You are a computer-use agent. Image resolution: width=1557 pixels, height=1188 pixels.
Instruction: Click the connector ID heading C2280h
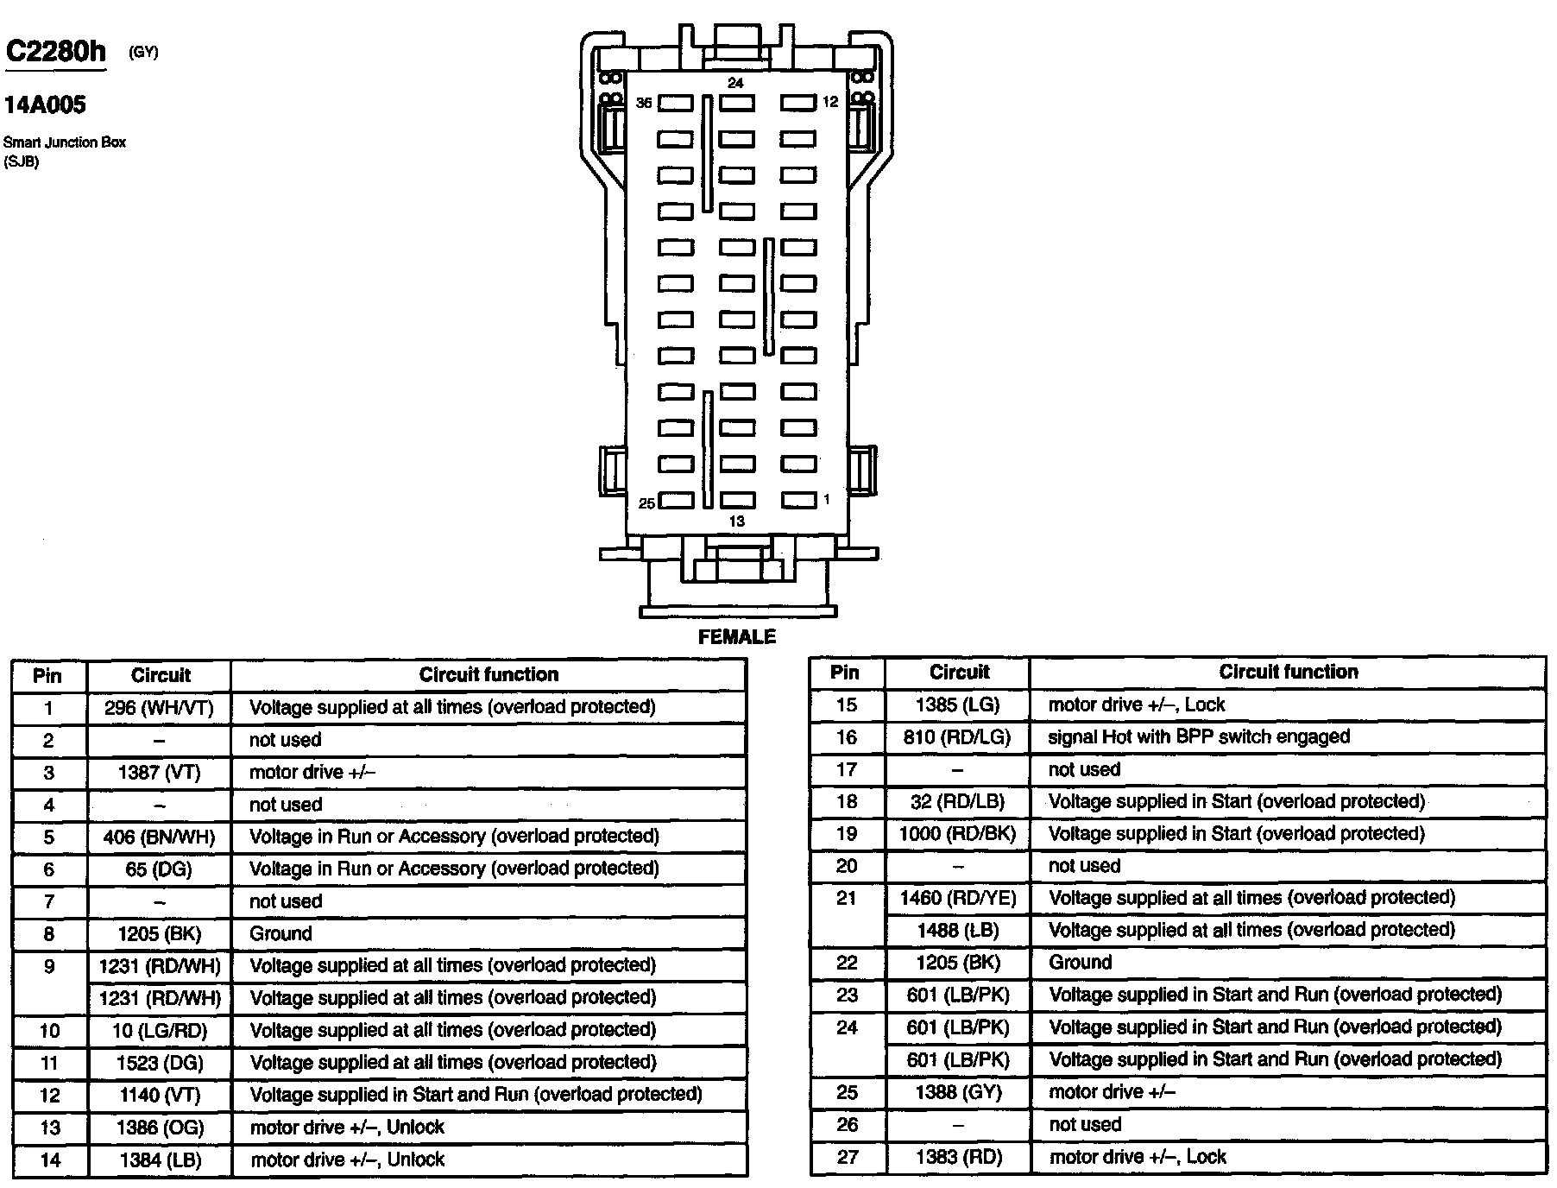coord(56,52)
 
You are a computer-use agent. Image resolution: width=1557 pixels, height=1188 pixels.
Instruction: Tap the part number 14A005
coord(45,105)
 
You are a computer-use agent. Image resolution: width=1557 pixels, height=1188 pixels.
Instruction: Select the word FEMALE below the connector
coord(736,637)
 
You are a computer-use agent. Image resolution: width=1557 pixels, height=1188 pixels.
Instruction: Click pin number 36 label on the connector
coord(644,103)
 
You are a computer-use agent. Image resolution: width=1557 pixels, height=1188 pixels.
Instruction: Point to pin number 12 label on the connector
coord(829,102)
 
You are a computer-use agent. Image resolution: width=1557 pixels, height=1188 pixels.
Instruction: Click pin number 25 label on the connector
coord(646,503)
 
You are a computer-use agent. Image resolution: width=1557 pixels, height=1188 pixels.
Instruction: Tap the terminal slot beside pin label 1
coord(798,500)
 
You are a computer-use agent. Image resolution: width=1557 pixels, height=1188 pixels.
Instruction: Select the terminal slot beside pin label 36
coord(676,104)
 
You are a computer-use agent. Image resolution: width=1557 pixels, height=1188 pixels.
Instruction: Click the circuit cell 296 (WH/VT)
coord(160,708)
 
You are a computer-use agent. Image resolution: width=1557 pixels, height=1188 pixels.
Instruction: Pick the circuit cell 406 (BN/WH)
coord(160,837)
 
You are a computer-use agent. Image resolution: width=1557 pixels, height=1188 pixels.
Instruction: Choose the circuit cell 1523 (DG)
coord(160,1063)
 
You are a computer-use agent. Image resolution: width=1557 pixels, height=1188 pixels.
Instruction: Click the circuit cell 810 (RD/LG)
coord(958,737)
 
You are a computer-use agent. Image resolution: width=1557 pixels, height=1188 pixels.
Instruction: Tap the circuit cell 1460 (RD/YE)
coord(958,899)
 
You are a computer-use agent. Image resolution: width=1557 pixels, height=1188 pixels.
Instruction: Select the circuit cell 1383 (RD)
coord(958,1158)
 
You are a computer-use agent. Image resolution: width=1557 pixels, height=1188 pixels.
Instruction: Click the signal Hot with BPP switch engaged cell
coord(1199,737)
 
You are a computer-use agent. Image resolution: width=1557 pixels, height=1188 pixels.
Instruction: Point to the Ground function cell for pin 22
coord(1081,963)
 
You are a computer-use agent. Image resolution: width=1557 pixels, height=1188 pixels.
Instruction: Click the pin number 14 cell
coord(50,1160)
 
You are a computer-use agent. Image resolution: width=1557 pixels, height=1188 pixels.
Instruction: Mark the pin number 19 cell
coord(847,834)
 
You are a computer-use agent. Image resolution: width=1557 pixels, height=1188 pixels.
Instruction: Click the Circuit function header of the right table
coord(1288,672)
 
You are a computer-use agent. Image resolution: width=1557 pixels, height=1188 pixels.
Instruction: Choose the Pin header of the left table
coord(47,675)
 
